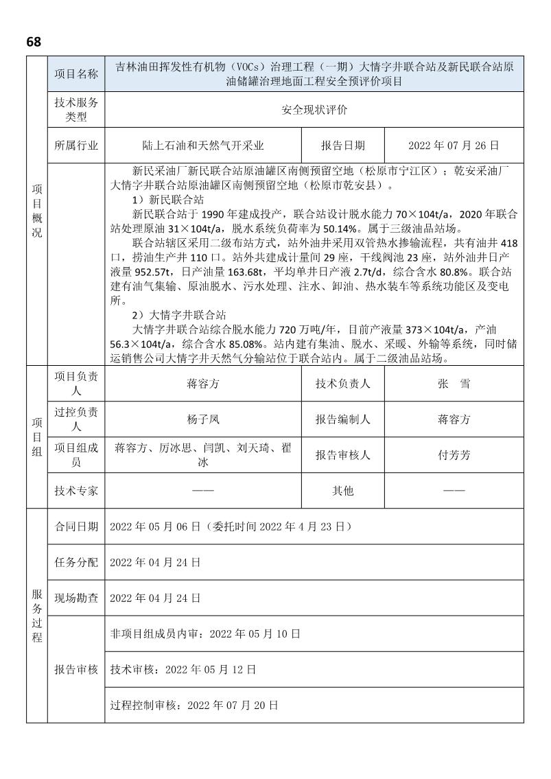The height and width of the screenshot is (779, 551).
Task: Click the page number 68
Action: pyautogui.click(x=34, y=42)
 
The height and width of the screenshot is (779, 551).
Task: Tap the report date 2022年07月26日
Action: pyautogui.click(x=454, y=146)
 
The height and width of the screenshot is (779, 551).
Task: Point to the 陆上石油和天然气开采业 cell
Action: pyautogui.click(x=203, y=146)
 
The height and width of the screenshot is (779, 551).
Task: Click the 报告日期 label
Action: pyautogui.click(x=343, y=146)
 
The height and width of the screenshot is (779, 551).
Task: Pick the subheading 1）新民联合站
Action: pyautogui.click(x=168, y=200)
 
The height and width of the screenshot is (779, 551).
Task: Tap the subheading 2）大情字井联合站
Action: pyautogui.click(x=179, y=315)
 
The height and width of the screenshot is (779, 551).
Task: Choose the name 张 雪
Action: pyautogui.click(x=454, y=384)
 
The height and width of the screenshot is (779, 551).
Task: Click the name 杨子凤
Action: pyautogui.click(x=203, y=419)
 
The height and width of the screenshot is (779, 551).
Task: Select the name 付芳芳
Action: pyautogui.click(x=454, y=455)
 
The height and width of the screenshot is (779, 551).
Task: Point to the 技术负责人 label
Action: pyautogui.click(x=343, y=384)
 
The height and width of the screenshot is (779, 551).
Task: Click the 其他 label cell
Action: pyautogui.click(x=343, y=491)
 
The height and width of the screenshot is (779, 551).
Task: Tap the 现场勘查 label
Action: pyautogui.click(x=76, y=598)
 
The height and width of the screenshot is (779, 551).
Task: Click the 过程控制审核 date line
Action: pyautogui.click(x=194, y=705)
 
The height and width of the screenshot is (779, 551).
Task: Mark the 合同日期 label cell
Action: pyautogui.click(x=76, y=526)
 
